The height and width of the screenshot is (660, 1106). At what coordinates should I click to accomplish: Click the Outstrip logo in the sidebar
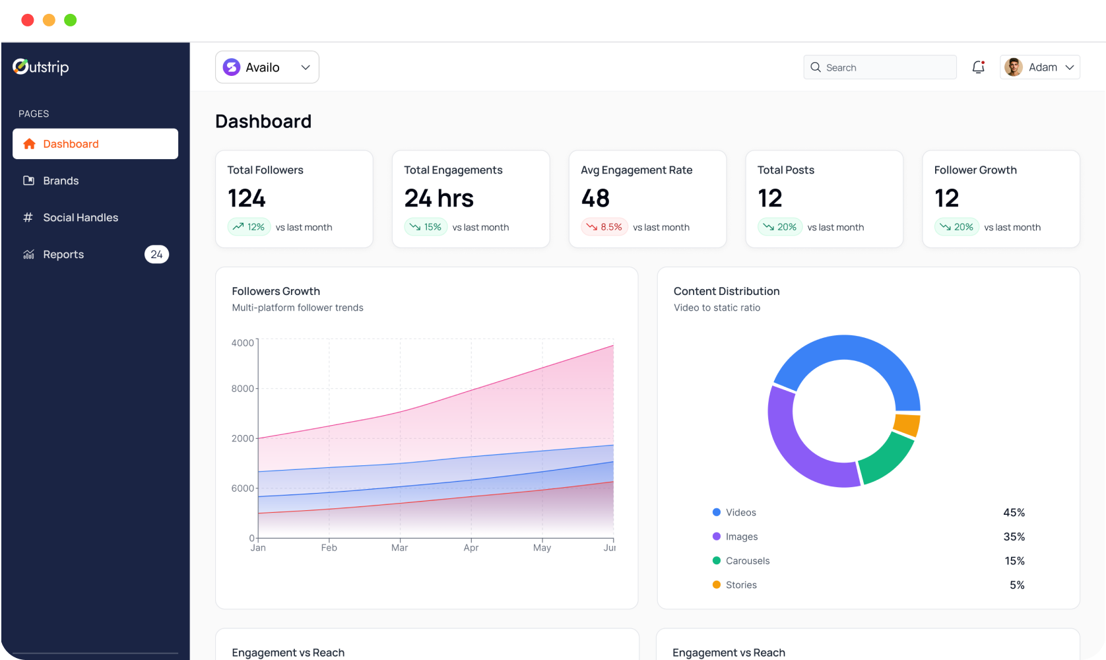[x=41, y=67]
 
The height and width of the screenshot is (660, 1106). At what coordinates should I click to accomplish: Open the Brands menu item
[x=60, y=181]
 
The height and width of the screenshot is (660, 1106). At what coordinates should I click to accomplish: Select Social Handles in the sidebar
[x=80, y=218]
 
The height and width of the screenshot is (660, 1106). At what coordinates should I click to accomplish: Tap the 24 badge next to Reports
[x=156, y=255]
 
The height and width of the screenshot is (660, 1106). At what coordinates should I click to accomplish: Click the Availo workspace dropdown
[x=267, y=67]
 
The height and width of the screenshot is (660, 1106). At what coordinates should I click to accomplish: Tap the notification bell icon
[x=978, y=67]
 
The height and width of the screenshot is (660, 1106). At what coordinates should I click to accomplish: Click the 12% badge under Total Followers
[x=249, y=227]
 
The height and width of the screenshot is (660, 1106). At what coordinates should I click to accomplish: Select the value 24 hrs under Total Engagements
[x=439, y=199]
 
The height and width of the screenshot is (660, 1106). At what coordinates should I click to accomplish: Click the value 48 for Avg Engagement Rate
[x=595, y=199]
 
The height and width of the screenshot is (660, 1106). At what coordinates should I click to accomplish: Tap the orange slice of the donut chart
[x=907, y=425]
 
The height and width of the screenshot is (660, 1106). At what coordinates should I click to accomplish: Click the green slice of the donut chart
[x=886, y=459]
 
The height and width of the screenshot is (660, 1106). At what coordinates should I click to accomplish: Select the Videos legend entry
[x=740, y=513]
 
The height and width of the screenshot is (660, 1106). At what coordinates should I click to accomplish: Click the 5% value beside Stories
[x=1017, y=585]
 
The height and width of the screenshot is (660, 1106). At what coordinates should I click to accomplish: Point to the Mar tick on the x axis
[x=399, y=548]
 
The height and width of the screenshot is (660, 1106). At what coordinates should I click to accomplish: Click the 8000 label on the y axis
[x=242, y=389]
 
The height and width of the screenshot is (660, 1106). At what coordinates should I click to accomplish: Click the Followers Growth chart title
[x=276, y=291]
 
